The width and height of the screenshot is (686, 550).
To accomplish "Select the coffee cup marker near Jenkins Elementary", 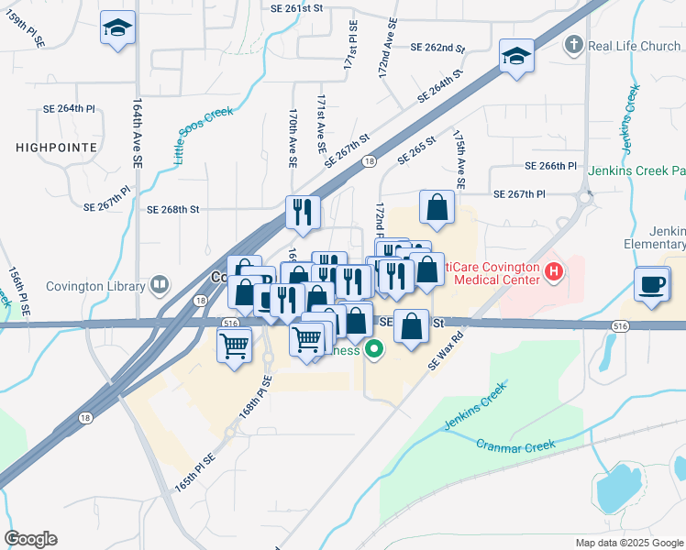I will point(652,284).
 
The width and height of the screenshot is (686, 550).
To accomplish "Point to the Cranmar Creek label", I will point(516,445).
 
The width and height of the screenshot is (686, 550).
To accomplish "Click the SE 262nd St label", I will point(437,47).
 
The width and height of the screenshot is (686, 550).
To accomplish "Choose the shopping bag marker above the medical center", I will point(437,208).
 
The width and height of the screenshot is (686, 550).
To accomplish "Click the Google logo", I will point(30,539).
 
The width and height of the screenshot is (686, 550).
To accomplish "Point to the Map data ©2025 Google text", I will point(629,543).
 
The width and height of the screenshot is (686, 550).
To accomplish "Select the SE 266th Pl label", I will point(550,166).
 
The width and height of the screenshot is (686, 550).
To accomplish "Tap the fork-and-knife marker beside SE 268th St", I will point(301,213).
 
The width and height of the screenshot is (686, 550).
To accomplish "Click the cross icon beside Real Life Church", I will point(573,45).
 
